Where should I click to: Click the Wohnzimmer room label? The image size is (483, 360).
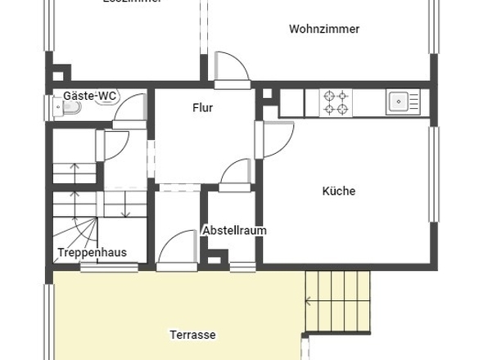324,29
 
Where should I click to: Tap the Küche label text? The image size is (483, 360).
339,191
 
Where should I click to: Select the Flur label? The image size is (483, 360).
203,108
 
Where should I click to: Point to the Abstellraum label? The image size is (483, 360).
234,231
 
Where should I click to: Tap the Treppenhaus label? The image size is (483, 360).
92,253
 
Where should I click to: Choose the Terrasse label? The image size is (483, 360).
192,335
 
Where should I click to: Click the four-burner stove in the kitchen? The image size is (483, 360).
336,102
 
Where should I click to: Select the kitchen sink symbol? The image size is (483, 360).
399,101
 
